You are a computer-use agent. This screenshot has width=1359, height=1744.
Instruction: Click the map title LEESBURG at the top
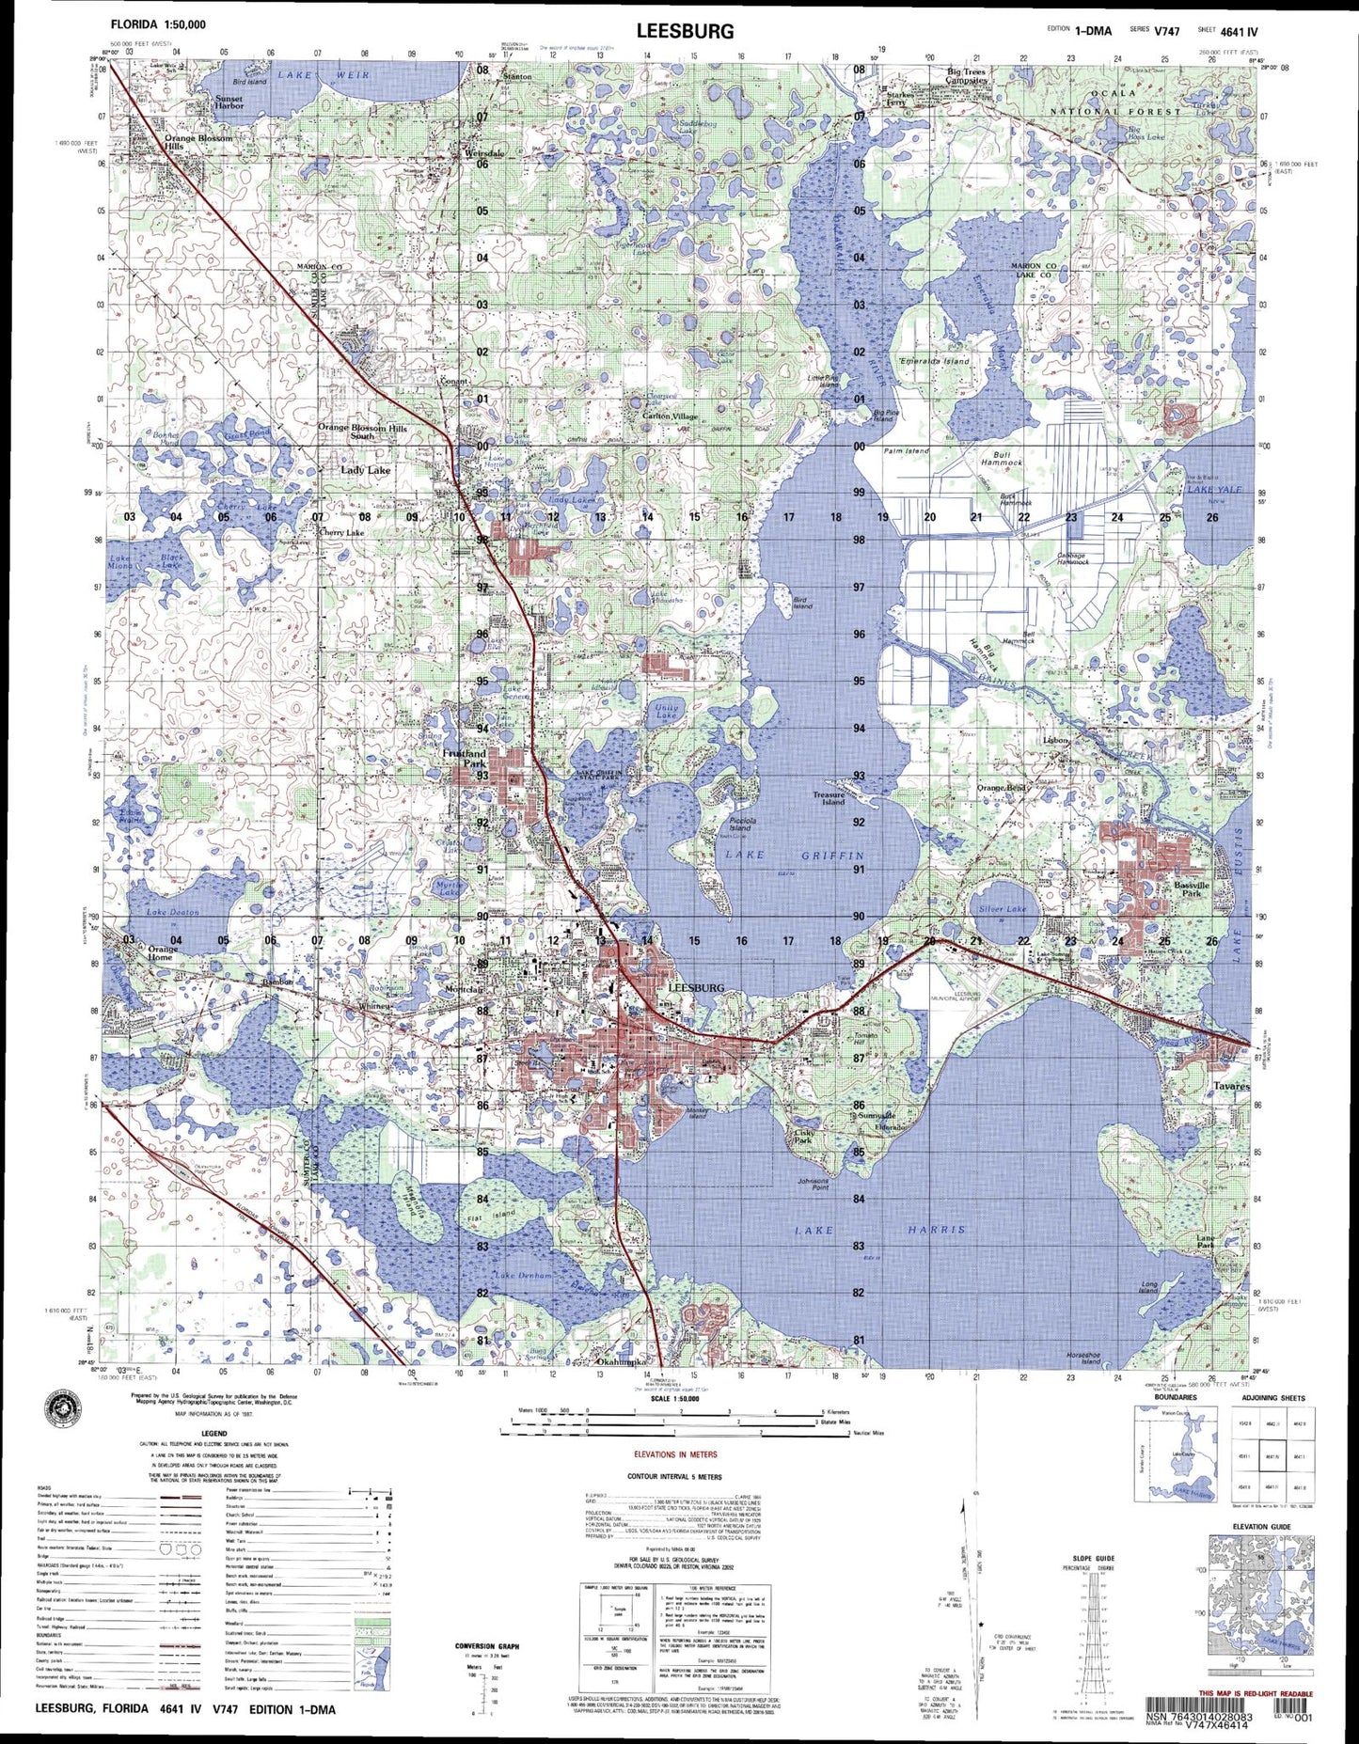685,30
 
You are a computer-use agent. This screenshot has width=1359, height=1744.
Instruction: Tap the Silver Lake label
1003,909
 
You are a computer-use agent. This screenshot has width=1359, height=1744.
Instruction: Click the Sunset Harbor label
229,102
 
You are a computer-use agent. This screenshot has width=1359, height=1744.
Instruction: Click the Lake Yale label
1214,490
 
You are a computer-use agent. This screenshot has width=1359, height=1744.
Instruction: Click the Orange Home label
163,953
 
